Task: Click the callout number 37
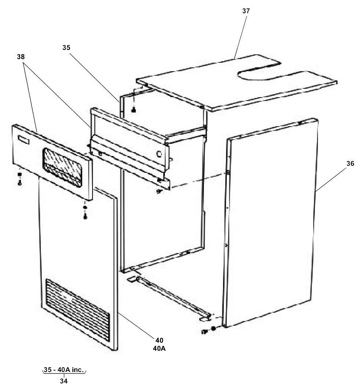tap(246, 11)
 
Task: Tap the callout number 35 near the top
tap(66, 47)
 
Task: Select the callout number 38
tap(21, 57)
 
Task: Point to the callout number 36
tap(350, 164)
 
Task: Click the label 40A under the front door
tap(159, 349)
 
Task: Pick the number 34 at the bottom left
tap(64, 381)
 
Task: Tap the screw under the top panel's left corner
tap(134, 109)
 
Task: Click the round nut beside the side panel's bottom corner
tap(214, 328)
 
